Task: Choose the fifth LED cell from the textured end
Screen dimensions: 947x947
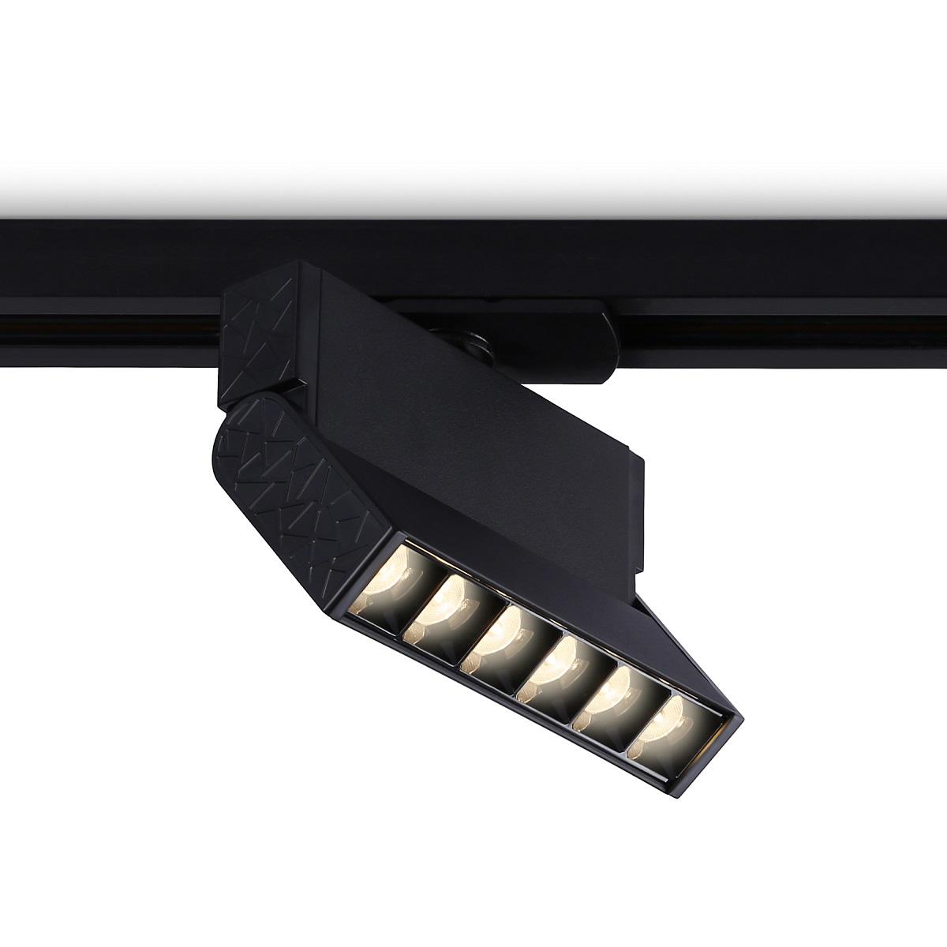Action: [613, 698]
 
